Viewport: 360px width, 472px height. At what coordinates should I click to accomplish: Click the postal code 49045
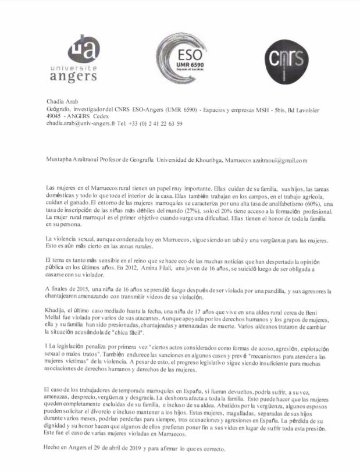coord(55,116)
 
